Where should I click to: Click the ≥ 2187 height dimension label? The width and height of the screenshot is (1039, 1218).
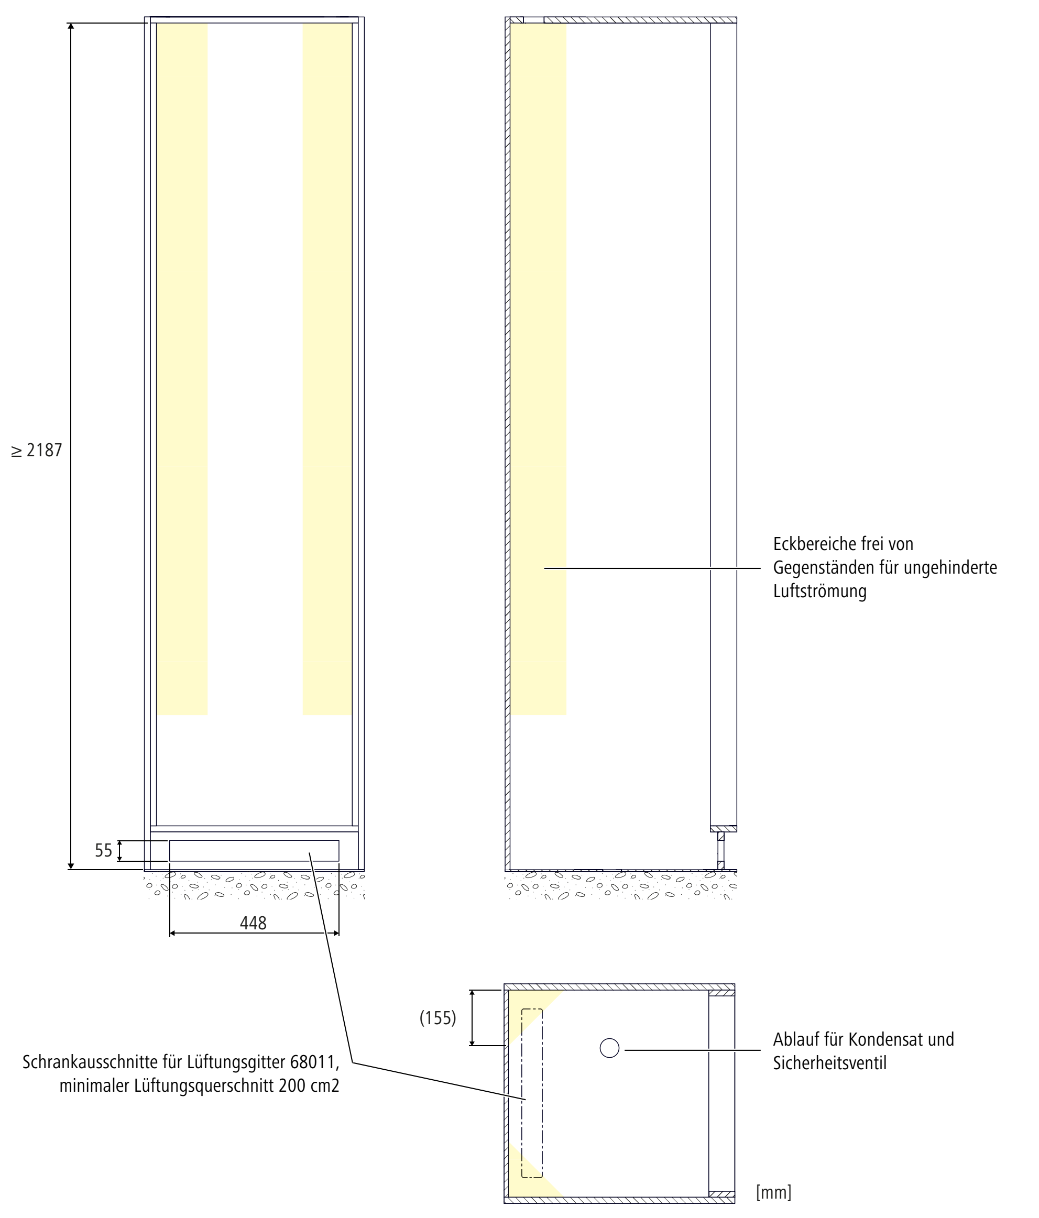(37, 451)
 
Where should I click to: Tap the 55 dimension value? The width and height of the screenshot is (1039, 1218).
(104, 851)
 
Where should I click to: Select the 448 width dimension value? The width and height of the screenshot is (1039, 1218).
(253, 924)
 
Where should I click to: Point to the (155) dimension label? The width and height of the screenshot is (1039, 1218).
(438, 1018)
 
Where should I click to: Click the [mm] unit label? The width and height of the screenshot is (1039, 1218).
(773, 1192)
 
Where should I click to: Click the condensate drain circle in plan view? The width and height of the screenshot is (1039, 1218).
(609, 1048)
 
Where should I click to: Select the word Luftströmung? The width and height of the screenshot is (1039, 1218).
(819, 591)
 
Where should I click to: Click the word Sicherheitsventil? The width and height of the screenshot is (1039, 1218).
(829, 1063)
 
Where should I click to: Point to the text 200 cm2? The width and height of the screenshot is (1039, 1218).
(309, 1086)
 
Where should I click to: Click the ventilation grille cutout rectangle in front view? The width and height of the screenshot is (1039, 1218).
(254, 851)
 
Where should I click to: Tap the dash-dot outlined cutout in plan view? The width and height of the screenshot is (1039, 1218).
(532, 1093)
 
